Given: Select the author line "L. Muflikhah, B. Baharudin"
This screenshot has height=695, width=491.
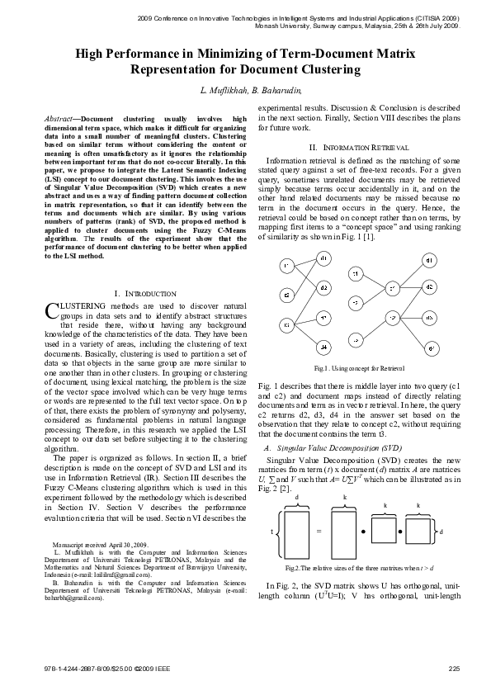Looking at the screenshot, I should [x=245, y=89].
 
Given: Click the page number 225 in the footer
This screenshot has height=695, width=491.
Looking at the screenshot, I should [x=453, y=667].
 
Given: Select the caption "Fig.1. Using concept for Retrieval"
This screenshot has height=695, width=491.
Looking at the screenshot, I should [x=354, y=367].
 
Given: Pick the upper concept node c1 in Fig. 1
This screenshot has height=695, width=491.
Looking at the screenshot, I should [x=392, y=287].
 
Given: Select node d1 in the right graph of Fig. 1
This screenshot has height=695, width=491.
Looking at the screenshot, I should [x=430, y=260].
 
